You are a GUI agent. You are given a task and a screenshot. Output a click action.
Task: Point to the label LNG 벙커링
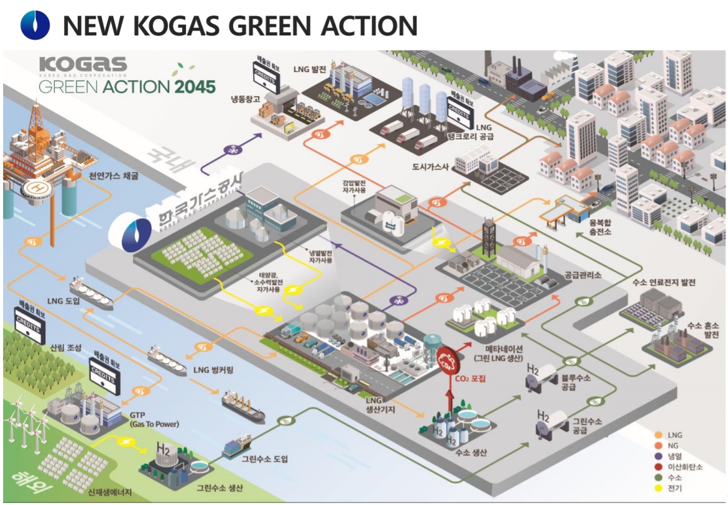point(213,371)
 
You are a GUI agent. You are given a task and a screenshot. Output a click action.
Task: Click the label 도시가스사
point(432,167)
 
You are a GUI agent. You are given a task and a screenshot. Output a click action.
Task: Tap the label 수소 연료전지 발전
point(666,283)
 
